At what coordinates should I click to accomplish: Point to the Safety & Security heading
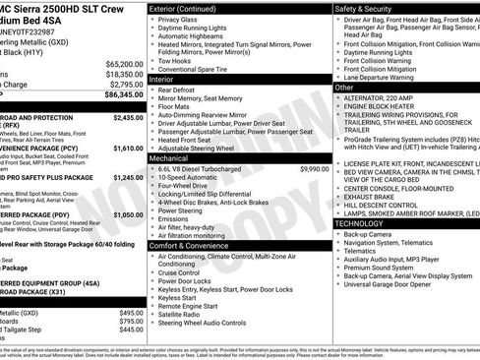(368, 8)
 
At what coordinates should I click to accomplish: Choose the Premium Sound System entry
(379, 266)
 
